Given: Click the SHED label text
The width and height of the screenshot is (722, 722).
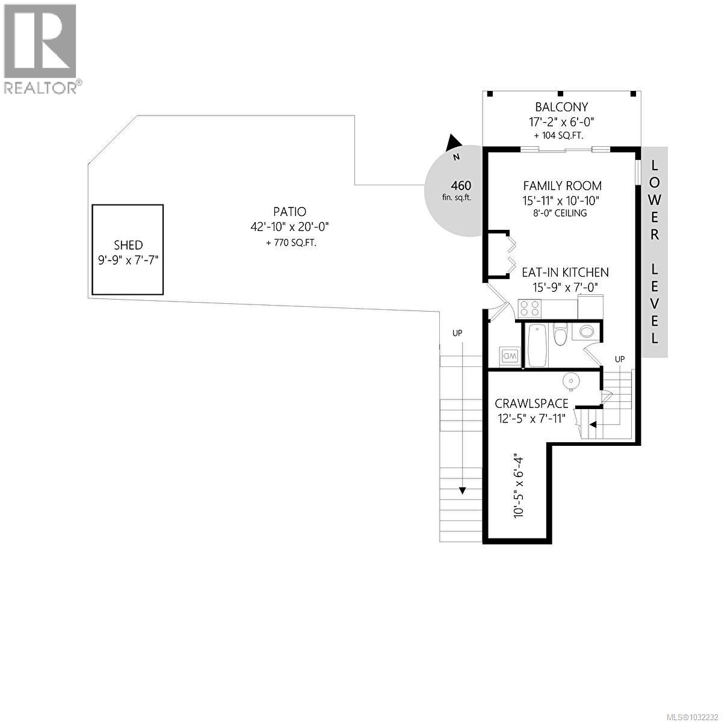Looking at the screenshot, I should pos(128,245).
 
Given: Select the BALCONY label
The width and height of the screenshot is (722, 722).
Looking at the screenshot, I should pos(562,108).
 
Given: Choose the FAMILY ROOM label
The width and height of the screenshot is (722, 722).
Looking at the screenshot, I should pos(562,186).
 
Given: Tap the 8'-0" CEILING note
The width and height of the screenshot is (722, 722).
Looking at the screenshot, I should pos(562,213).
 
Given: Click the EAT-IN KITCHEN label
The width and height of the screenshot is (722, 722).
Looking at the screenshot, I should pos(565,273).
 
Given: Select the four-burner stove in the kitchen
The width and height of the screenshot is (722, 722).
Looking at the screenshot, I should pos(530,309).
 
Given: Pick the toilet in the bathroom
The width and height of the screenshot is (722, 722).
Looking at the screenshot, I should pos(561,335).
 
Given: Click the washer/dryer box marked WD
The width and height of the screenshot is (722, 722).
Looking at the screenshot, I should pos(510,356).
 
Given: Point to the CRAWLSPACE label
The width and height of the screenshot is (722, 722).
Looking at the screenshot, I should pos(531,403).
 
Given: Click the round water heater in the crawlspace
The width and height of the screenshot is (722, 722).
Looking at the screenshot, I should pos(570,380).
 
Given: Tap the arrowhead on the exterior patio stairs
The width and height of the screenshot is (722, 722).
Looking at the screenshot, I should pos(461,490).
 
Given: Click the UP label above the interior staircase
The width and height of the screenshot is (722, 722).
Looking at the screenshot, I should pos(620,359).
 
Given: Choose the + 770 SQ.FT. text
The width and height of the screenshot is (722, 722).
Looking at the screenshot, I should pos(289,243).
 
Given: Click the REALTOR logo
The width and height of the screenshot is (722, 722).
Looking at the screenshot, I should pos(41,48).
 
